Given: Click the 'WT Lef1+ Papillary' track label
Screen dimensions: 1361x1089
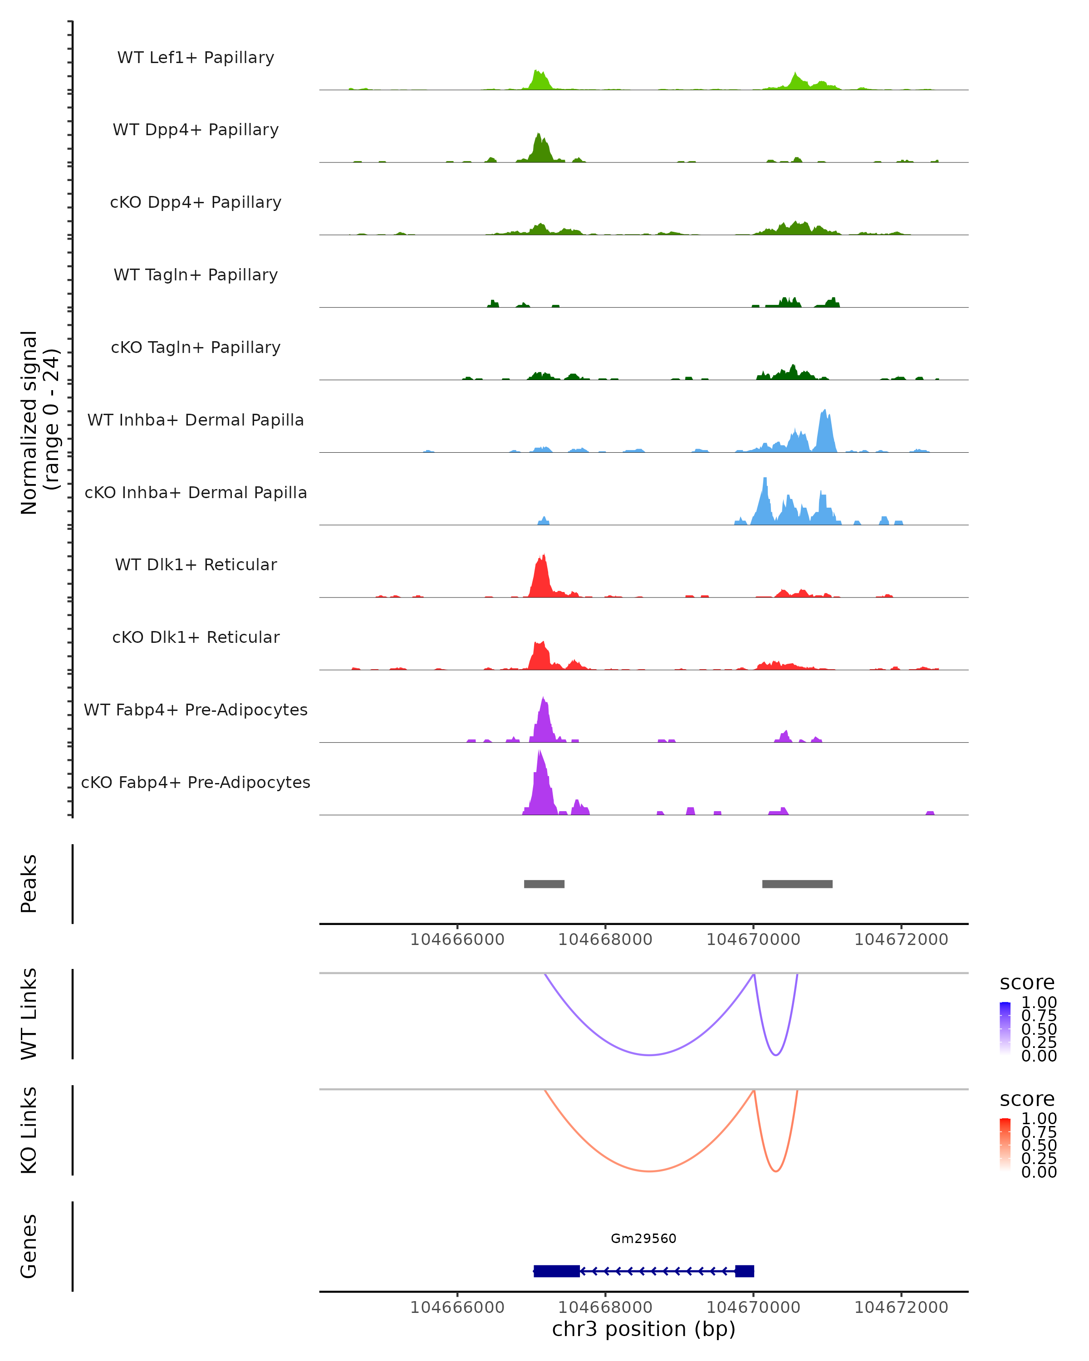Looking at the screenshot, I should pyautogui.click(x=196, y=58).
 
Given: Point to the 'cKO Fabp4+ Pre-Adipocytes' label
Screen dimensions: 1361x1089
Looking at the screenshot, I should pyautogui.click(x=196, y=782).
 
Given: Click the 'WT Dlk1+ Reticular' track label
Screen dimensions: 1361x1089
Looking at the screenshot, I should pyautogui.click(x=196, y=564).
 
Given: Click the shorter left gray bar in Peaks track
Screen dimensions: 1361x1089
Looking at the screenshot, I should pyautogui.click(x=544, y=884).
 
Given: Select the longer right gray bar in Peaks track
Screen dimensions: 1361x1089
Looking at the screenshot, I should pyautogui.click(x=797, y=884).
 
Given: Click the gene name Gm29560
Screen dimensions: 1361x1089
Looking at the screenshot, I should pyautogui.click(x=643, y=1239).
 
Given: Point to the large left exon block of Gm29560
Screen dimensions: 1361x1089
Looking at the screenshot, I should pyautogui.click(x=557, y=1271).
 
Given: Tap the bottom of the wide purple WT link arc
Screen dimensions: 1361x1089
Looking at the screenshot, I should pyautogui.click(x=649, y=1055).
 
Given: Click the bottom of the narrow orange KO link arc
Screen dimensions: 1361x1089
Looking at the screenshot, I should pyautogui.click(x=776, y=1171).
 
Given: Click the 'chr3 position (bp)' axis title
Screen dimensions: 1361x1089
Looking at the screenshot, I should pyautogui.click(x=643, y=1329).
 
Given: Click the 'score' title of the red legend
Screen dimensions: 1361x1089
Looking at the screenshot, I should pyautogui.click(x=1026, y=1099).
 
